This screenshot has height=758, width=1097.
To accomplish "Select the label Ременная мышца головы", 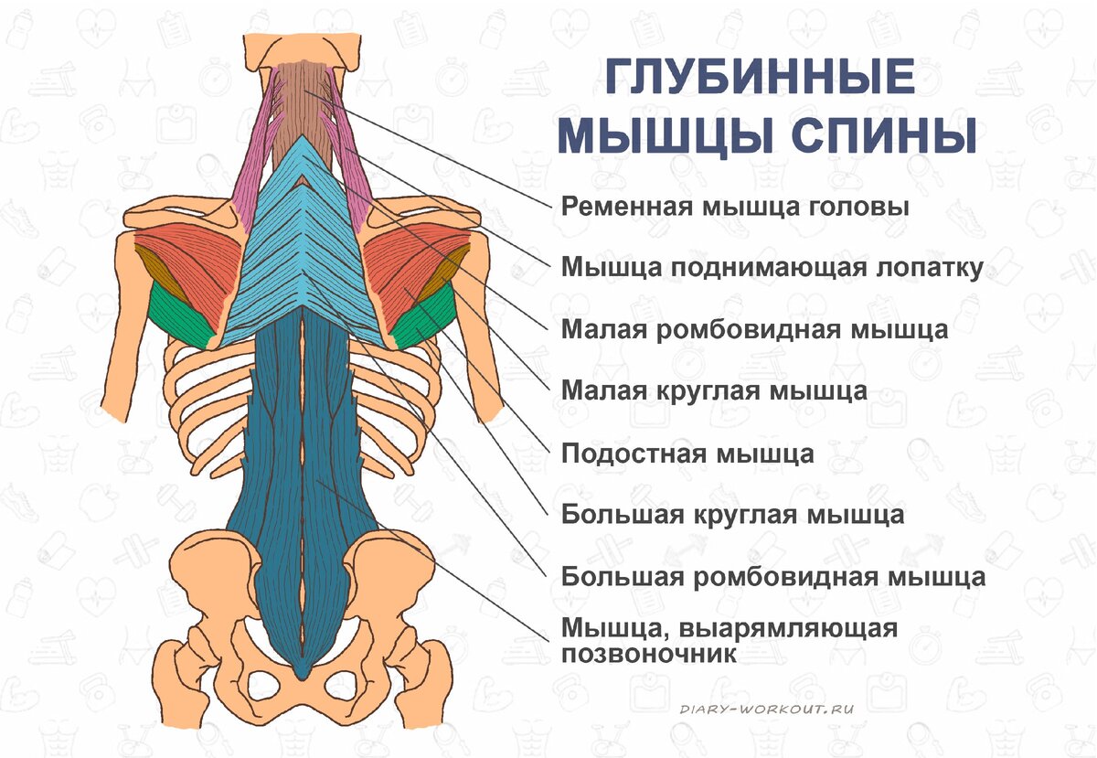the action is pyautogui.click(x=735, y=207).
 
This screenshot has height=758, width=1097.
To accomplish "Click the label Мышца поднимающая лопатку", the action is pyautogui.click(x=772, y=267).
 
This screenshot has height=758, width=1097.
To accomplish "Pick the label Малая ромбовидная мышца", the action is pyautogui.click(x=754, y=328).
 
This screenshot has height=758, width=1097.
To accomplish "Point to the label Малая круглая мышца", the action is pyautogui.click(x=714, y=391).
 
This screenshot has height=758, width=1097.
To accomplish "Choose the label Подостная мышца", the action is pyautogui.click(x=687, y=453).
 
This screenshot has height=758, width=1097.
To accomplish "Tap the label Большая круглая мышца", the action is pyautogui.click(x=732, y=514).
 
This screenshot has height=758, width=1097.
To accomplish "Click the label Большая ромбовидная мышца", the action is pyautogui.click(x=772, y=577).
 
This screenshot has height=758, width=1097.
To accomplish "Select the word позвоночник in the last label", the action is pyautogui.click(x=648, y=654).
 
